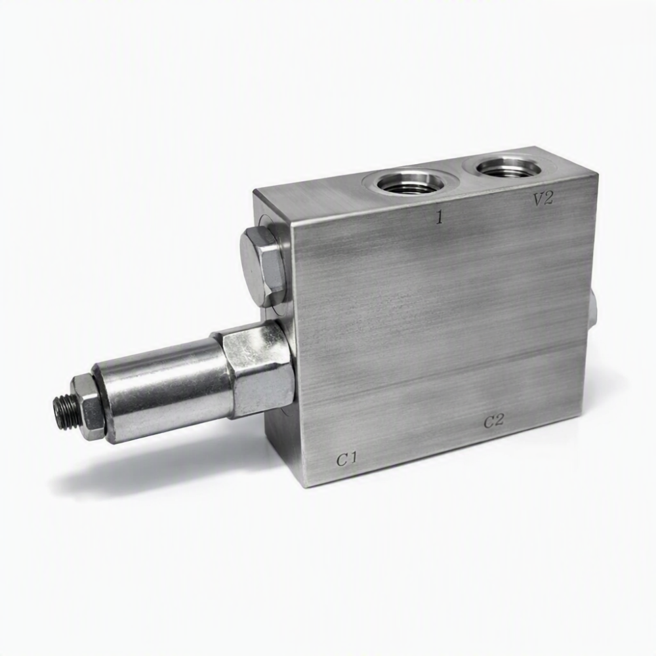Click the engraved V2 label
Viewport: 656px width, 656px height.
543,199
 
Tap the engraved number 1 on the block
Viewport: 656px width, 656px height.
439,218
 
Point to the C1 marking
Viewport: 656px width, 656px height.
347,461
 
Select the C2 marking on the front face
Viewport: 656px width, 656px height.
494,422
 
